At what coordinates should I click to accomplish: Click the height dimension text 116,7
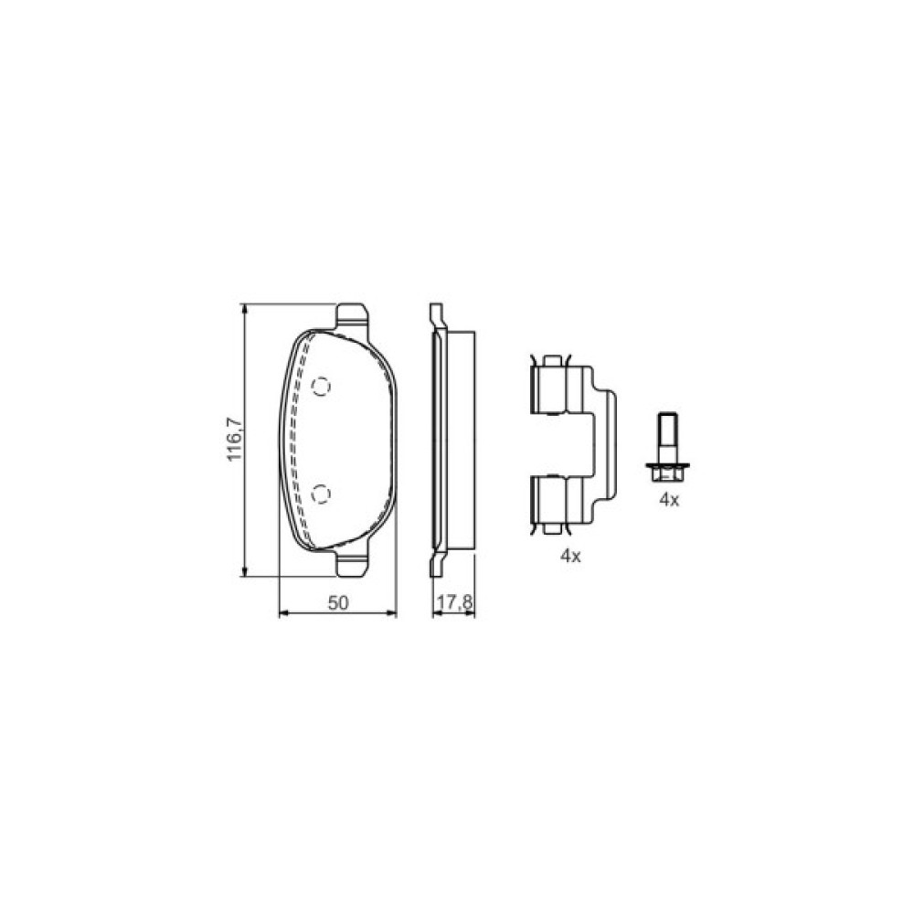coord(234,439)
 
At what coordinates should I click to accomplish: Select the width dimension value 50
coord(337,603)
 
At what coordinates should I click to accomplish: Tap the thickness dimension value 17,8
coord(454,603)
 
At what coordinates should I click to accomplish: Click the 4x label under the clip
coord(570,556)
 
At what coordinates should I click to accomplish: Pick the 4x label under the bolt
coord(669,500)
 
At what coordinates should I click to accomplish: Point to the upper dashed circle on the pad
coord(321,386)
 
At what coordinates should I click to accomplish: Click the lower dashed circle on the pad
coord(321,494)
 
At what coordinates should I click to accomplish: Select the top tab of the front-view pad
coord(353,318)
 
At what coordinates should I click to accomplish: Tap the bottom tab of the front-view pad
coord(353,562)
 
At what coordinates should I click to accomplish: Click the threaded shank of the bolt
coord(668,437)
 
